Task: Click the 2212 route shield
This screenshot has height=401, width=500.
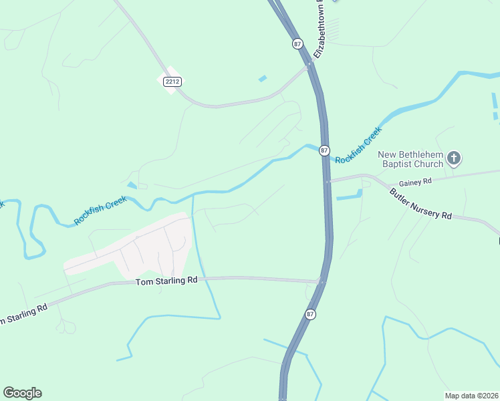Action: (x=171, y=81)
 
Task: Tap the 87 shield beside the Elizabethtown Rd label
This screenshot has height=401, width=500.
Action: (x=297, y=43)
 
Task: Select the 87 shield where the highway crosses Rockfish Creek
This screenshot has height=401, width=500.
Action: (x=324, y=150)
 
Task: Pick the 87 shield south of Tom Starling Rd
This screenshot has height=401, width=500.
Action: (x=310, y=314)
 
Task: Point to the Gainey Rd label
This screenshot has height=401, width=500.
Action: (x=416, y=182)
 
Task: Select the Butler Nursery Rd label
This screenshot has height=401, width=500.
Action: (x=421, y=205)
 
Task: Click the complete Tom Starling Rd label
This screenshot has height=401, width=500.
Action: (x=166, y=281)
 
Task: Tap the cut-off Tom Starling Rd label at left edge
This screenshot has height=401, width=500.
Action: (x=23, y=314)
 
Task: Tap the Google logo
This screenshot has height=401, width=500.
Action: (x=22, y=393)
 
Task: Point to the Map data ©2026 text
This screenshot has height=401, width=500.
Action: (x=471, y=395)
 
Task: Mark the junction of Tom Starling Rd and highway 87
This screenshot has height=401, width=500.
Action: (x=322, y=281)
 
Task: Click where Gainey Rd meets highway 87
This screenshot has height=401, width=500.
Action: (x=328, y=181)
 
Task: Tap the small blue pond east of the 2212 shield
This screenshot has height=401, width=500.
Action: (x=263, y=79)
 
